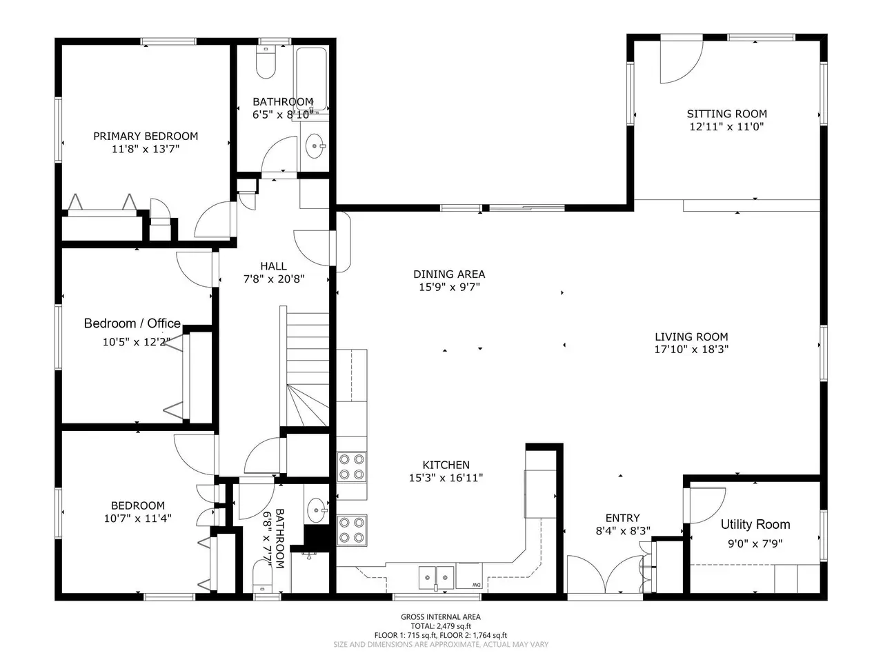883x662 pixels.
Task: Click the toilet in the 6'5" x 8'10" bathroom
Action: coord(266,62)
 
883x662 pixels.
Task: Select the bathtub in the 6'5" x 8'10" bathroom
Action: coord(311,78)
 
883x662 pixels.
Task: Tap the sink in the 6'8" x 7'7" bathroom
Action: coord(317,510)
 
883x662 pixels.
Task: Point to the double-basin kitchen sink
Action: coord(437,578)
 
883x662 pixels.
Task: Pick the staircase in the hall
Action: coord(305,366)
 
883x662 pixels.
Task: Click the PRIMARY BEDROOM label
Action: coord(146,137)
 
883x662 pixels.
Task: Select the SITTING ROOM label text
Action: coord(726,114)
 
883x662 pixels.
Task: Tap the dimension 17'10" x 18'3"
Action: coord(691,349)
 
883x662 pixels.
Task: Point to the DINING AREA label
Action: coord(449,274)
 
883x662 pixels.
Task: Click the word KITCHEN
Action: coord(446,465)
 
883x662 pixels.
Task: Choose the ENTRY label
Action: coord(622,518)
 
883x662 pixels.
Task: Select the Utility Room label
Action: coord(755,524)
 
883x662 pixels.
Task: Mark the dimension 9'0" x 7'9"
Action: coord(755,543)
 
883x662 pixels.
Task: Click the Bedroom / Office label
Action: coord(132,323)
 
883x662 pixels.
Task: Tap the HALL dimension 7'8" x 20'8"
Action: coord(274,279)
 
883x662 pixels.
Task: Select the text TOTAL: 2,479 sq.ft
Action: coord(441,626)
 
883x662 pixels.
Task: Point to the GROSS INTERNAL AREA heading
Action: coord(441,616)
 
